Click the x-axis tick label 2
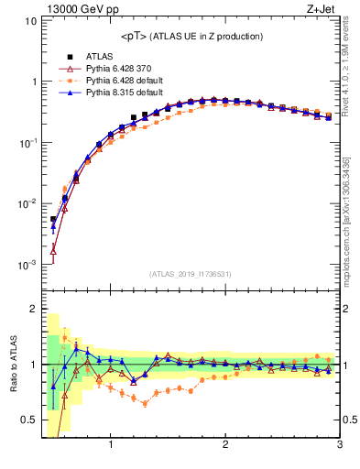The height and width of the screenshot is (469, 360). pyautogui.click(x=225, y=445)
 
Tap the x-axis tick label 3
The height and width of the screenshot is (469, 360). pyautogui.click(x=339, y=445)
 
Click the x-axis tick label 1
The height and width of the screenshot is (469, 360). pyautogui.click(x=111, y=445)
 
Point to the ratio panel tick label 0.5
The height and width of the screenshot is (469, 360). pyautogui.click(x=27, y=420)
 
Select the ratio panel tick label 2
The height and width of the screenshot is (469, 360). pyautogui.click(x=33, y=309)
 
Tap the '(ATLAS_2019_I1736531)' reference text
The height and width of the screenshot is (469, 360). pyautogui.click(x=191, y=274)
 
